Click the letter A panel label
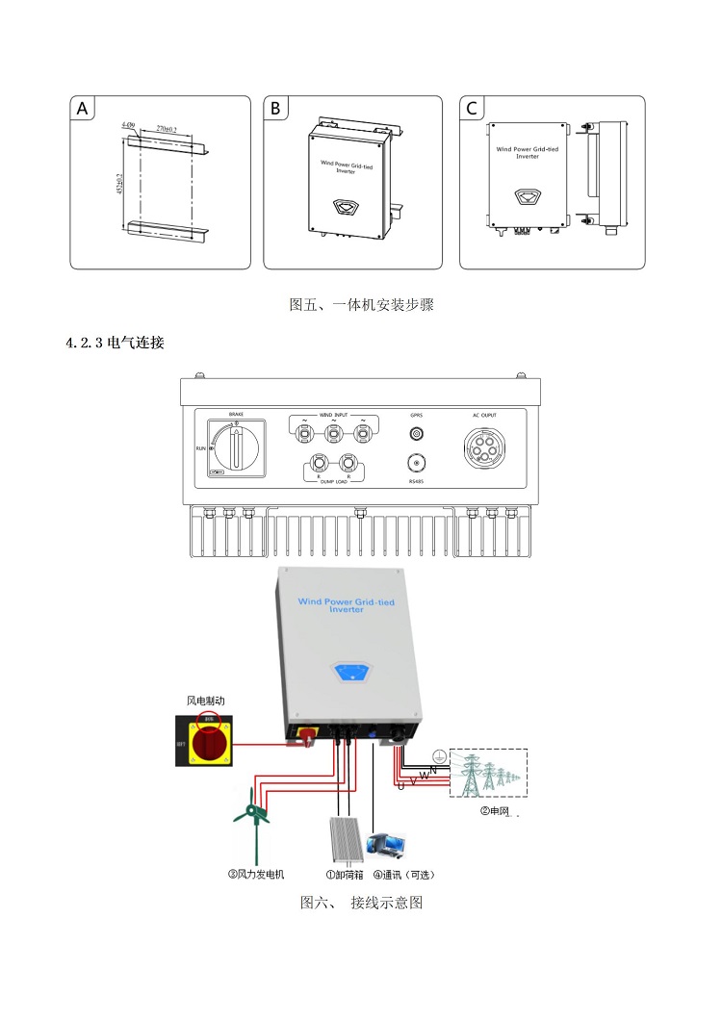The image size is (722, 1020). coord(83,109)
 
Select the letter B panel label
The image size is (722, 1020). coord(276,109)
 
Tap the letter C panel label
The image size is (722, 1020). coord(472,109)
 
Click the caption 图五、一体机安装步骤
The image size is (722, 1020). coord(361,305)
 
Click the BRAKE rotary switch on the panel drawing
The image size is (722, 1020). coord(237,448)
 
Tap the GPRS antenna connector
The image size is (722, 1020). coord(416,434)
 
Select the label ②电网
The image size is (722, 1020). coord(493,811)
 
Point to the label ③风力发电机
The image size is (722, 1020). coord(256,875)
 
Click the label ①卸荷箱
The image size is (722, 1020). coord(344,875)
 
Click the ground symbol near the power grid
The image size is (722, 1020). coord(439,756)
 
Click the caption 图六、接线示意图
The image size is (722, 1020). coord(361,903)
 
